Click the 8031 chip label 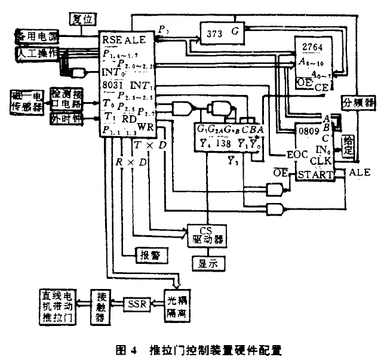coord(112,84)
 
